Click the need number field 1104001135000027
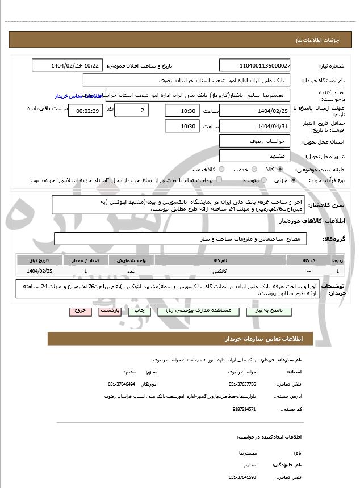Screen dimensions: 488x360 point(255,66)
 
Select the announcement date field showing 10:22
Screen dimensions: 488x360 point(68,66)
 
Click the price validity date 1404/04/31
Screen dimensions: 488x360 point(255,126)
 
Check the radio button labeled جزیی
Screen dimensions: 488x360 point(294,180)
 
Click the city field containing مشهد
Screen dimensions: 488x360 point(255,155)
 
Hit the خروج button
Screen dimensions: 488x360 point(79,312)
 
